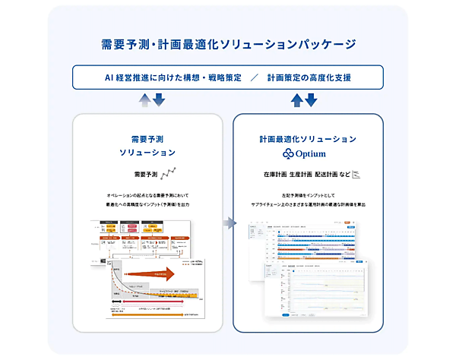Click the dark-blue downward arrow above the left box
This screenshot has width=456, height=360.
159,99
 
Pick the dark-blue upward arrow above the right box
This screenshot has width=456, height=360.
298,99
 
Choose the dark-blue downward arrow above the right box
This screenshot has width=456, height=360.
311,99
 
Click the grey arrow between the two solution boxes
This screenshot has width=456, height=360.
228,223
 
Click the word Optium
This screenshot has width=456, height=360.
314,153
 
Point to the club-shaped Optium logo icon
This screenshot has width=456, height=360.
287,153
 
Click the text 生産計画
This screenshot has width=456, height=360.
298,175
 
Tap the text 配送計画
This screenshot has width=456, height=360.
325,175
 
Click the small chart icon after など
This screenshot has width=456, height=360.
356,175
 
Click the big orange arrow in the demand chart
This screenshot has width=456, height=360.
151,275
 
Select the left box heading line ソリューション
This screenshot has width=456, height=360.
147,153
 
